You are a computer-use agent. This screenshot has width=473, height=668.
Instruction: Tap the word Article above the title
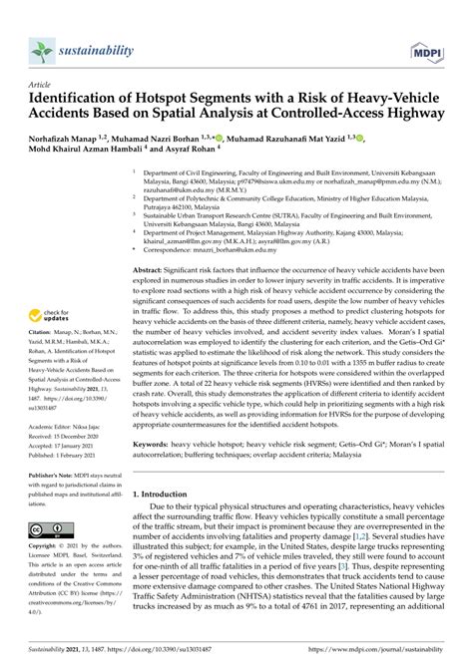42,85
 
